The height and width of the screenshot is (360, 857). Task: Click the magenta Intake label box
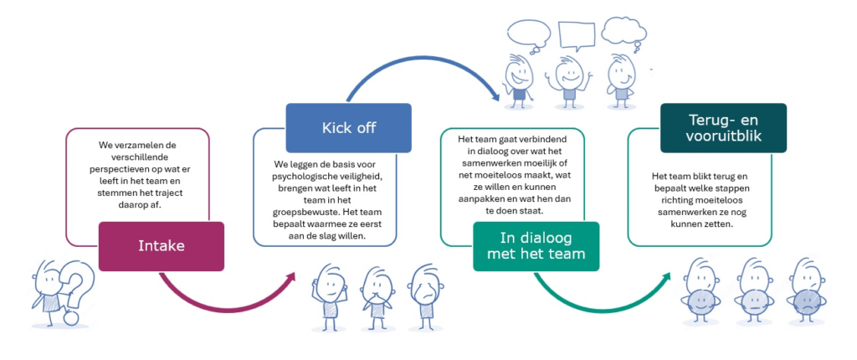click(x=161, y=246)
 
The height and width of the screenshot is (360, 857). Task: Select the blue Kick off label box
click(x=348, y=127)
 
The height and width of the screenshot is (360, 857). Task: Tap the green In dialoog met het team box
click(x=536, y=246)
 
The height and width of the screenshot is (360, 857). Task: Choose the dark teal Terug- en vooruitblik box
click(x=723, y=127)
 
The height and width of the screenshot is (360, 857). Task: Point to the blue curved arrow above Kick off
click(x=418, y=75)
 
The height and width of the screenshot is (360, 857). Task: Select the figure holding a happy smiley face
click(x=700, y=289)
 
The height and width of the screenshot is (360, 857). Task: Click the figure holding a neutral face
click(x=753, y=289)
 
